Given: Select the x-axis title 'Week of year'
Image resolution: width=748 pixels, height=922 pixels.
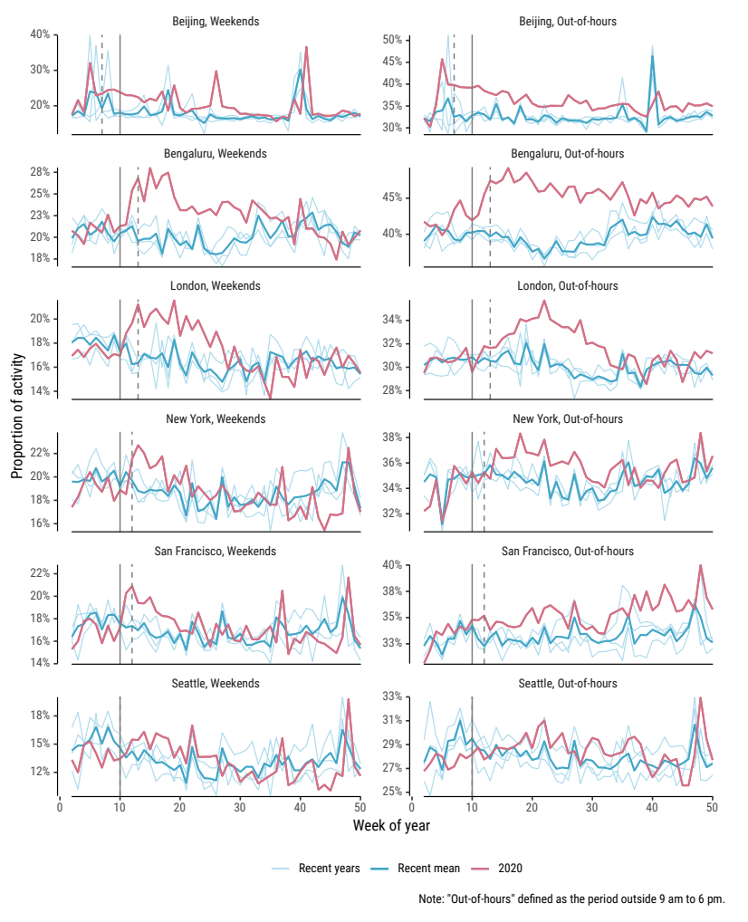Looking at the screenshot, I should pos(391,825).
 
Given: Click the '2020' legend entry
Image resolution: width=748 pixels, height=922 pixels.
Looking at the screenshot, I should pos(510,868).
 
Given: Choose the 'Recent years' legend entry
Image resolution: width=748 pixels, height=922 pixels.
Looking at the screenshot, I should pos(329,868).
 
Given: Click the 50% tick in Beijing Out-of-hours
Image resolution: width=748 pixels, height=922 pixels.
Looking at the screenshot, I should pos(391,40).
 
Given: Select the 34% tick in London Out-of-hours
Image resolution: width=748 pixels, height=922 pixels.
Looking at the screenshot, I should pos(391,320).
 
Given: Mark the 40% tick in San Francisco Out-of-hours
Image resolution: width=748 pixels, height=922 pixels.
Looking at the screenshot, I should pos(391,565).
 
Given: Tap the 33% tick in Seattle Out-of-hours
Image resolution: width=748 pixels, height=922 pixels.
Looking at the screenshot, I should pos(391,696).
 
